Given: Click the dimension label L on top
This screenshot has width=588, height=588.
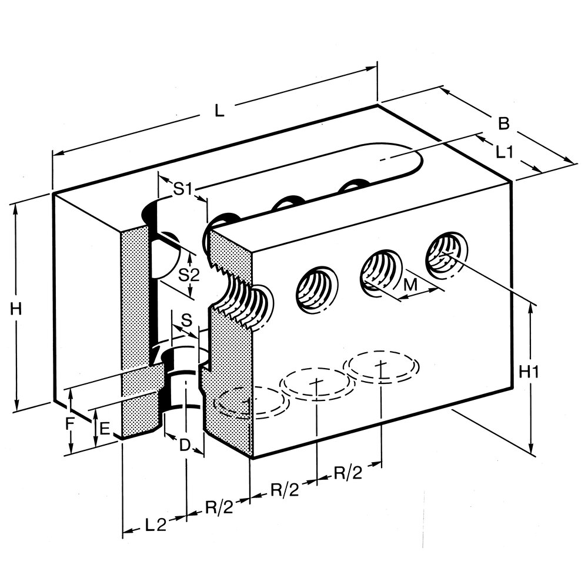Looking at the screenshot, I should point(219,111).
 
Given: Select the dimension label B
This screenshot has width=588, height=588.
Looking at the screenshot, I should point(503,124).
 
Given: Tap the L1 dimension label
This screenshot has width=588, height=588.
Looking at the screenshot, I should point(505,152).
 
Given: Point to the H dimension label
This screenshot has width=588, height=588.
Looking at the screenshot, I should point(16,308).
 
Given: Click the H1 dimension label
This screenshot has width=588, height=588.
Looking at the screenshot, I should point(530,372).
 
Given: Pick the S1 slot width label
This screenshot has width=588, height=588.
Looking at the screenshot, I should point(183,189).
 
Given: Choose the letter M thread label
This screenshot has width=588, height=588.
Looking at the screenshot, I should point(412,285).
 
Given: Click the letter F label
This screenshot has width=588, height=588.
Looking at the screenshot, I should point(70,422).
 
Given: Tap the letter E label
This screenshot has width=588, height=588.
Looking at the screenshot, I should point(104,429).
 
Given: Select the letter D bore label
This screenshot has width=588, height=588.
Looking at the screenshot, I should point(185,445).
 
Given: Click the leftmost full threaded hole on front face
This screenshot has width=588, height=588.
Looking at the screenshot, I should point(316,288).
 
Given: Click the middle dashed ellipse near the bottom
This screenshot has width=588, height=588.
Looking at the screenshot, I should point(318,383).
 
